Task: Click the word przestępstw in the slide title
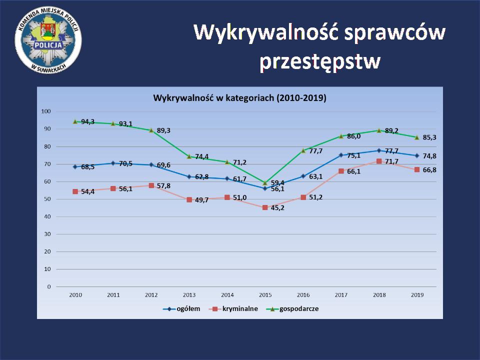pyautogui.click(x=320, y=62)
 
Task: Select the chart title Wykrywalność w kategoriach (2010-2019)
pyautogui.click(x=239, y=98)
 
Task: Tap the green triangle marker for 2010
pyautogui.click(x=75, y=121)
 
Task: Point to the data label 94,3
pyautogui.click(x=87, y=121)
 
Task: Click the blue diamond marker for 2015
pyautogui.click(x=265, y=188)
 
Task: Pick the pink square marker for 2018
pyautogui.click(x=379, y=161)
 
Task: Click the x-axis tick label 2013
pyautogui.click(x=189, y=295)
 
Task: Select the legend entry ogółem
pyautogui.click(x=188, y=308)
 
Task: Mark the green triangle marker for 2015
pyautogui.click(x=265, y=182)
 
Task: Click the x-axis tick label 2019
pyautogui.click(x=417, y=295)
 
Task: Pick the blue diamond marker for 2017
pyautogui.click(x=341, y=155)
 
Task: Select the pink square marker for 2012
pyautogui.click(x=151, y=185)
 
